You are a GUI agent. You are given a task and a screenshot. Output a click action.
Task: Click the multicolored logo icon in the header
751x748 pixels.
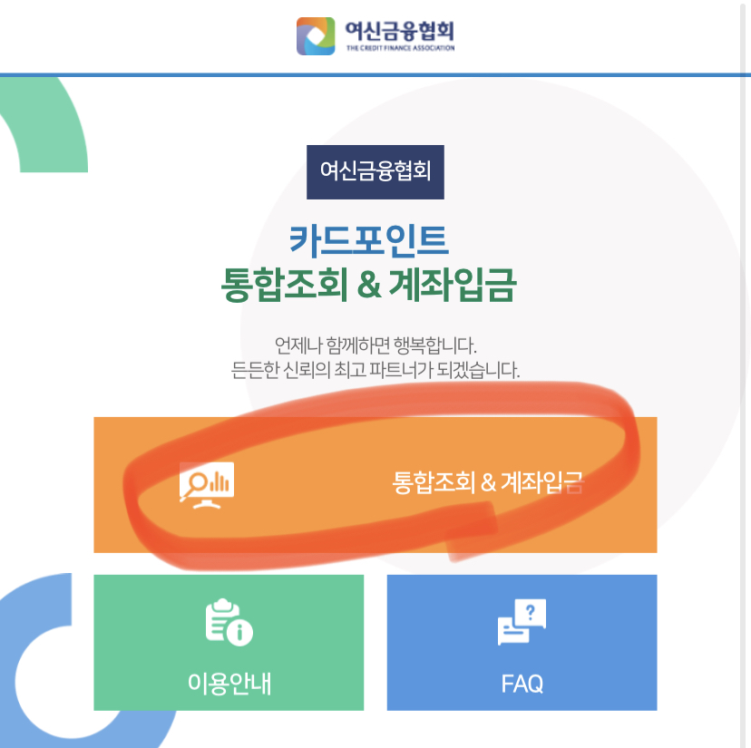316,35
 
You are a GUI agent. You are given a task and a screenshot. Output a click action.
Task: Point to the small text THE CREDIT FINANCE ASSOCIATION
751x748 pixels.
400,48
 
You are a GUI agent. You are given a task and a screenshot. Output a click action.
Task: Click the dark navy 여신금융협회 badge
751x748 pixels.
375,171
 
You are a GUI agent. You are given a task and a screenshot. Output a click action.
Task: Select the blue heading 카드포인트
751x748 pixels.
369,240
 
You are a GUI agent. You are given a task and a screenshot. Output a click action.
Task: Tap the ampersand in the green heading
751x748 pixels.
366,286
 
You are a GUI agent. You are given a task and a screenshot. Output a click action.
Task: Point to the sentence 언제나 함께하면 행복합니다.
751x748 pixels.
375,345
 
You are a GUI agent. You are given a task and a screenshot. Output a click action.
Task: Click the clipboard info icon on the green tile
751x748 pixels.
229,624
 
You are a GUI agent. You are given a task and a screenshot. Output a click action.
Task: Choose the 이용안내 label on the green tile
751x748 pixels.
229,682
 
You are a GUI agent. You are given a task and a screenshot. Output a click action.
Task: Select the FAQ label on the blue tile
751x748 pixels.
522,683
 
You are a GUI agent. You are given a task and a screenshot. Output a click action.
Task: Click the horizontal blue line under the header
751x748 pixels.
375,74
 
